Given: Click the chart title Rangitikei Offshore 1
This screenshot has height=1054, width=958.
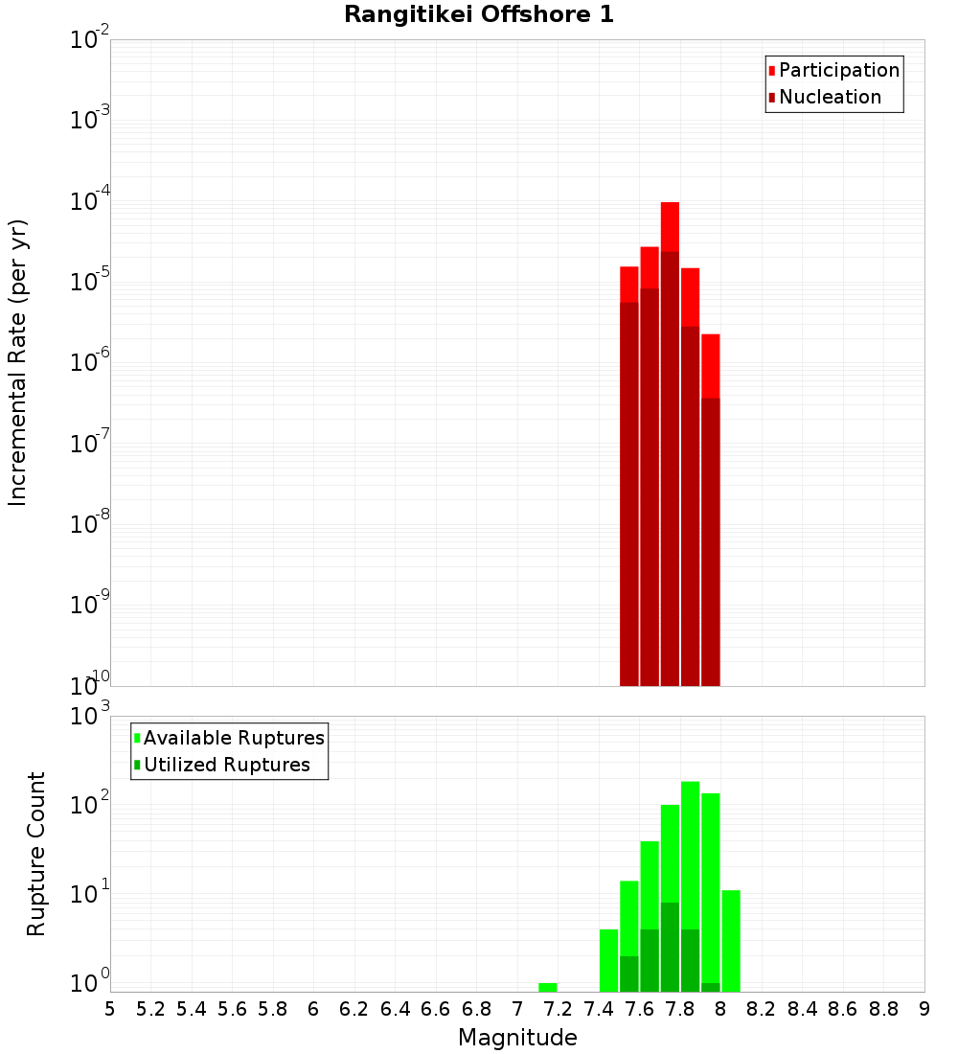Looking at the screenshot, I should (x=479, y=15).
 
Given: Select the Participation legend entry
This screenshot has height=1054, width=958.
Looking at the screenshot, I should (x=838, y=70).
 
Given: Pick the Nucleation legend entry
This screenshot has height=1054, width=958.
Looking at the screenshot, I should (x=829, y=97).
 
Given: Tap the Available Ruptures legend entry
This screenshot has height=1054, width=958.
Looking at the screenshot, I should (x=233, y=738).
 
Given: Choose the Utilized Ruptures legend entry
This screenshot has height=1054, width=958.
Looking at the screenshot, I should (x=226, y=765).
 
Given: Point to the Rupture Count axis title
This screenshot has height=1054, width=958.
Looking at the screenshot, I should (x=36, y=854).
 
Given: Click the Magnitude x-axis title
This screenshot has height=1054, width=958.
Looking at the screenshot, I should (x=517, y=1038).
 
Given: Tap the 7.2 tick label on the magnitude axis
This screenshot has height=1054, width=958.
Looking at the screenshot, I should (x=558, y=1009).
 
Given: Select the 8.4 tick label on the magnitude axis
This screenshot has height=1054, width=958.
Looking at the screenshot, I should (x=802, y=1009).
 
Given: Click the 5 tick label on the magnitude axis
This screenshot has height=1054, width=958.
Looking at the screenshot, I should (x=110, y=1009).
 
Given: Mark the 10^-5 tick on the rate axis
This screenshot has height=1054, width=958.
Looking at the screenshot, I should (x=88, y=281).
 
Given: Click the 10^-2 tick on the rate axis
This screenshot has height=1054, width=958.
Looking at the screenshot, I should (x=88, y=40).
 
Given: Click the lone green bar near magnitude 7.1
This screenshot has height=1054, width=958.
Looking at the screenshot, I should (x=548, y=987).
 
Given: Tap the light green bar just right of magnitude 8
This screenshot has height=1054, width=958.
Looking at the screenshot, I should (x=731, y=939).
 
